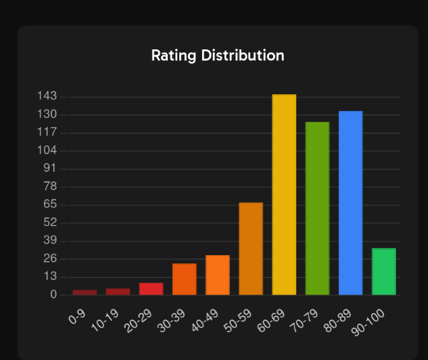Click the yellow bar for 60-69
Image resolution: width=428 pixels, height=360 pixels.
tap(284, 195)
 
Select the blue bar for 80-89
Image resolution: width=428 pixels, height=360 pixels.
tap(350, 203)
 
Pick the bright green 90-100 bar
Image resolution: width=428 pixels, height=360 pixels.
tap(384, 272)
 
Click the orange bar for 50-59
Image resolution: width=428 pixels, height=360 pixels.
tap(251, 249)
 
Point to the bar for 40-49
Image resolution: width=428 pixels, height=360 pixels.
tap(218, 275)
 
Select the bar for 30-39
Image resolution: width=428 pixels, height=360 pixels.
tap(184, 279)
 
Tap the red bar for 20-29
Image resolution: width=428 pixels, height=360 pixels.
tap(151, 289)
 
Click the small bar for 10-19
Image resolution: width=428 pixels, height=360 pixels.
tap(118, 292)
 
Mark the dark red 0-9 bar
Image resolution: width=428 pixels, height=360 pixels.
tap(85, 292)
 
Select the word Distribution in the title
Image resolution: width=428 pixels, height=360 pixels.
tap(242, 55)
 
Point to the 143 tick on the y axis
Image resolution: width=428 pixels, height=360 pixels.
tap(47, 97)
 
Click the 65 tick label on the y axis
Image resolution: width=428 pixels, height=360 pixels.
tap(51, 205)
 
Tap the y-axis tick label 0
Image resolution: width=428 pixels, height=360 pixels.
tap(53, 295)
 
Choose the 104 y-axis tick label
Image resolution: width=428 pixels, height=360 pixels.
tap(47, 151)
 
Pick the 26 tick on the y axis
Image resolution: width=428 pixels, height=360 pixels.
tap(51, 259)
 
